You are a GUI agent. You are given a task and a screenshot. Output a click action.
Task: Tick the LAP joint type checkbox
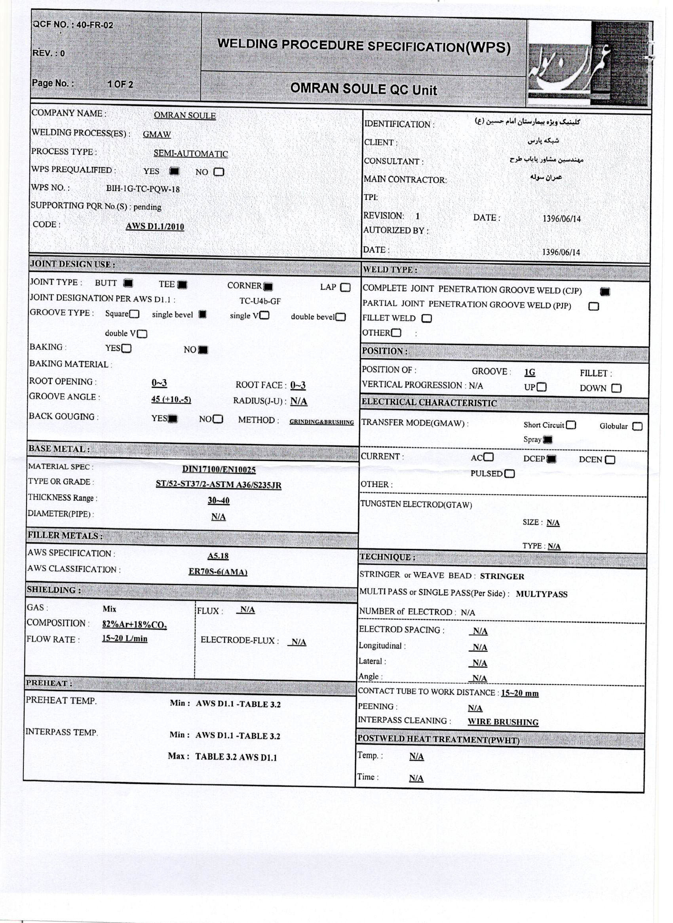pos(346,288)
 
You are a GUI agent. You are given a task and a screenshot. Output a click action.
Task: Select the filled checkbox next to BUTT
pos(128,283)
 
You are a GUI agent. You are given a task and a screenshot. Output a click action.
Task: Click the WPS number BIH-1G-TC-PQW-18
pos(143,189)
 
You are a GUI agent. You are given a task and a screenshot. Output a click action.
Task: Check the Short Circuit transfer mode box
pos(571,425)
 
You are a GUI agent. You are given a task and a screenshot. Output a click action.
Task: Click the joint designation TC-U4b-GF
pos(260,301)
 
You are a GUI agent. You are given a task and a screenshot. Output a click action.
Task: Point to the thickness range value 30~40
pos(219,500)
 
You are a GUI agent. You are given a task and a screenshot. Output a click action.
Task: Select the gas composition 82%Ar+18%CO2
pos(135,625)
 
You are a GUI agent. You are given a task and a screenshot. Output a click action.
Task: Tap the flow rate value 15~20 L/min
pos(125,638)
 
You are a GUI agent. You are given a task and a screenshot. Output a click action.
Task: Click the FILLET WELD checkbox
pos(426,319)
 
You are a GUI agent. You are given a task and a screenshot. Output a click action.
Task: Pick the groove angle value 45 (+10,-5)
pos(171,399)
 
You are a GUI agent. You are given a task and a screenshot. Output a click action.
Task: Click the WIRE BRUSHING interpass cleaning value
pos(503,722)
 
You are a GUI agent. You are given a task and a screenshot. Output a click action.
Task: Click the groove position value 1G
pos(530,372)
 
